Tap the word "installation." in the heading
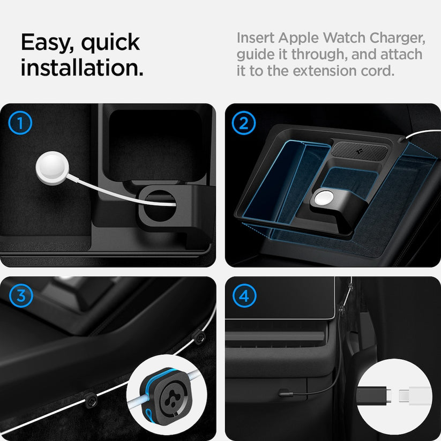point(82,68)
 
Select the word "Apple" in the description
point(297,39)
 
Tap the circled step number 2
point(244,124)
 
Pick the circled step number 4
point(244,295)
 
